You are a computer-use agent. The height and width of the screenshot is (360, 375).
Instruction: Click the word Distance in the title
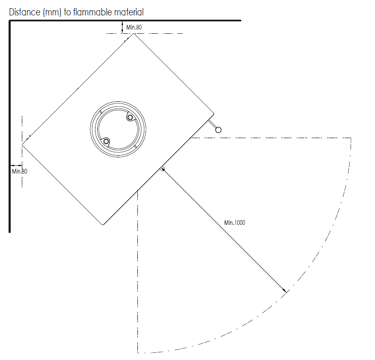(x=25, y=12)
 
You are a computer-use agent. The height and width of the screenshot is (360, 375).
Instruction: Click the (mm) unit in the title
(x=52, y=12)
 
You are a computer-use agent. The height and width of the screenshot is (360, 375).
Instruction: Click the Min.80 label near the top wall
(x=134, y=27)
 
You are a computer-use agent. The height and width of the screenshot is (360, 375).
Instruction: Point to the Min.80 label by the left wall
(x=20, y=171)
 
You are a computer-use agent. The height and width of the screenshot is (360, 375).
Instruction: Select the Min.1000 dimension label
(x=235, y=223)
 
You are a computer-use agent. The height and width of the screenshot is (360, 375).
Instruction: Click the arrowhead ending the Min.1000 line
(x=285, y=290)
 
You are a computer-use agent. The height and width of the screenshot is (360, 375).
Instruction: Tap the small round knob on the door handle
(x=218, y=130)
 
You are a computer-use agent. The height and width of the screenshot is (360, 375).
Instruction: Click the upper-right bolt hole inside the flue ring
(x=130, y=118)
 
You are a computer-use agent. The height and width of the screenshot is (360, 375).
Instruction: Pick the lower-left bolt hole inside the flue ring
(x=106, y=142)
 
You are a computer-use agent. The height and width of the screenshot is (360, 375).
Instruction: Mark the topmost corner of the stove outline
(x=134, y=34)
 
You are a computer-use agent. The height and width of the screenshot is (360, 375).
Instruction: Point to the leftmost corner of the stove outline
(x=23, y=144)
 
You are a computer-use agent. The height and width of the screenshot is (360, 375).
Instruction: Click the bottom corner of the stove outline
(x=103, y=225)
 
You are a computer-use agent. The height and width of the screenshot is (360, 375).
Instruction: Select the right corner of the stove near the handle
(x=214, y=114)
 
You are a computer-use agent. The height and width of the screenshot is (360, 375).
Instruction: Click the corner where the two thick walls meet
(x=10, y=21)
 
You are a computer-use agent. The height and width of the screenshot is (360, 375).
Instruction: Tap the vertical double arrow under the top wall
(x=122, y=27)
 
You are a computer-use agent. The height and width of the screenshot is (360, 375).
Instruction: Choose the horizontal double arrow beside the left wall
(x=16, y=165)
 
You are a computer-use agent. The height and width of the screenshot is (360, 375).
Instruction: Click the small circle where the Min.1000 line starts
(x=162, y=169)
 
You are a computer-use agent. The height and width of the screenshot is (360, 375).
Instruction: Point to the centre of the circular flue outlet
(x=118, y=129)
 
